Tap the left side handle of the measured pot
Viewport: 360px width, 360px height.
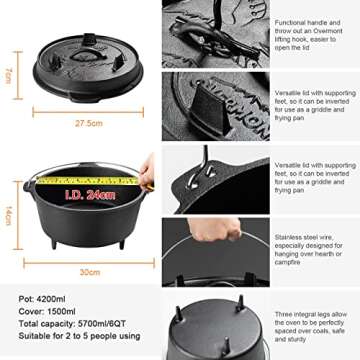pyautogui.click(x=24, y=187)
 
